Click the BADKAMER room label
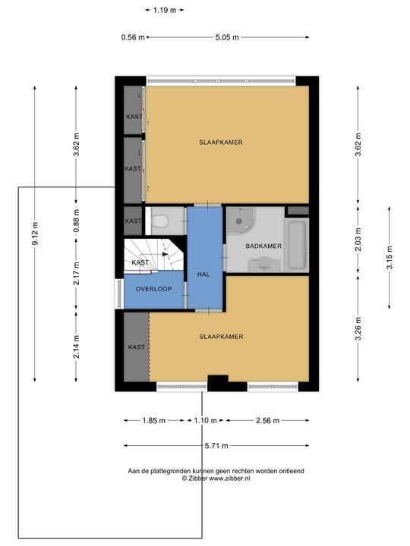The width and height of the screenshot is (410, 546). point(263,246)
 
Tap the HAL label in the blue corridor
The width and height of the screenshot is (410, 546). point(203,275)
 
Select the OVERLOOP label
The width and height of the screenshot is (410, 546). point(153,289)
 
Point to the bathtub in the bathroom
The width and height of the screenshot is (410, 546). point(297,246)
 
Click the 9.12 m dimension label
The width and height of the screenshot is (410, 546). point(35,234)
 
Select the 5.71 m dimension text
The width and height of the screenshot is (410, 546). point(216,446)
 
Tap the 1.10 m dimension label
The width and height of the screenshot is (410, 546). point(205,421)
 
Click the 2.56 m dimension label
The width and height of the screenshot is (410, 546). point(267,421)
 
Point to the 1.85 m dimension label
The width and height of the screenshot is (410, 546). point(153,421)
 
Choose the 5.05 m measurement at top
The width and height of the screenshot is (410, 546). point(227,37)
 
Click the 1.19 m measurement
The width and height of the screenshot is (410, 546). point(165,10)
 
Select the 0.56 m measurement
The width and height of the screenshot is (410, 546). point(133,37)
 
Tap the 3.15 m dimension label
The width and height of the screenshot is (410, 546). point(389,258)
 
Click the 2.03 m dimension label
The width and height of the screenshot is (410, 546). point(358,240)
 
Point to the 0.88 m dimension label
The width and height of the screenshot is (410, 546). point(77,221)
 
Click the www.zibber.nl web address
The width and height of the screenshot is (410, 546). point(229,479)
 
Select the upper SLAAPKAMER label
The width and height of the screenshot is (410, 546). point(221,143)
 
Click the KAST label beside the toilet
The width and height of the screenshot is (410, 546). point(133,221)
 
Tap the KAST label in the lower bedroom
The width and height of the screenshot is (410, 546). point(137,347)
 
